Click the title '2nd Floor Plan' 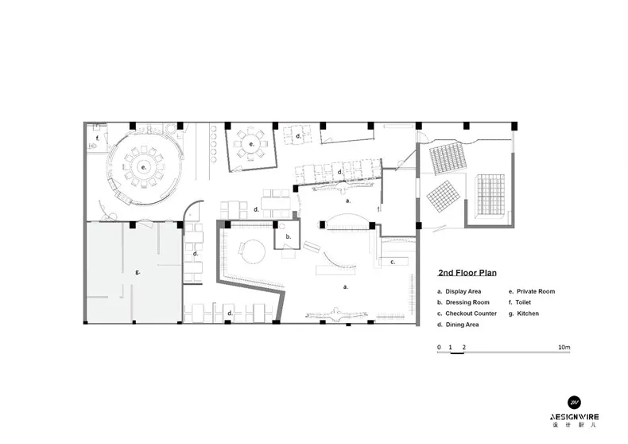(x=467, y=273)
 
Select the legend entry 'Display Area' (x=463, y=292)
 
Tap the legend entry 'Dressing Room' (x=467, y=302)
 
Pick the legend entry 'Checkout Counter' (x=471, y=314)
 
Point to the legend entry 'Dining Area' (x=462, y=325)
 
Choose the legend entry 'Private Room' (x=536, y=292)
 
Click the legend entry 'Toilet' (x=523, y=302)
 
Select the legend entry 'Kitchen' (x=528, y=314)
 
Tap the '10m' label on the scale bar (x=564, y=348)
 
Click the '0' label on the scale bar (x=439, y=348)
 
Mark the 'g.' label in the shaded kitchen (x=138, y=271)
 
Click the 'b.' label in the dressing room (x=288, y=236)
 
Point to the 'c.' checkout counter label (x=393, y=262)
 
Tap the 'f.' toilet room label (x=97, y=138)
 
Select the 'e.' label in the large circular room (x=143, y=168)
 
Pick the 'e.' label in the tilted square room (x=251, y=144)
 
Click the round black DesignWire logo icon (x=574, y=403)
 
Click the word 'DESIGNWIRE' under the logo (x=574, y=417)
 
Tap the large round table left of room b (x=253, y=251)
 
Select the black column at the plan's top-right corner (x=514, y=127)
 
